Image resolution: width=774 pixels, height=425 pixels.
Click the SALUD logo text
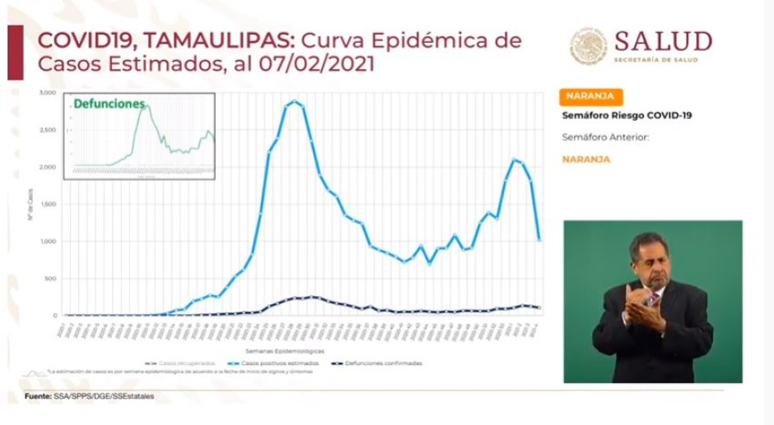point(662,41)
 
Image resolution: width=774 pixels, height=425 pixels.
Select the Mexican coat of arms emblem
point(589,46)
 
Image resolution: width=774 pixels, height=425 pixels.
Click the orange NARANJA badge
point(590,97)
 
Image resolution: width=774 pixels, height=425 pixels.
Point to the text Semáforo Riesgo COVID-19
point(627,116)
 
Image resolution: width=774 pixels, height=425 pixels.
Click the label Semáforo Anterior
point(605,137)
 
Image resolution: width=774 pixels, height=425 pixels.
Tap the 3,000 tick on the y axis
point(48,93)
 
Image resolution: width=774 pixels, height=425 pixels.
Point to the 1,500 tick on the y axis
point(48,204)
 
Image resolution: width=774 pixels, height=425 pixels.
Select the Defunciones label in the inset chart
point(109,104)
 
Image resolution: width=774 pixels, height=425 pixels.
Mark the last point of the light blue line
point(539,240)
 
